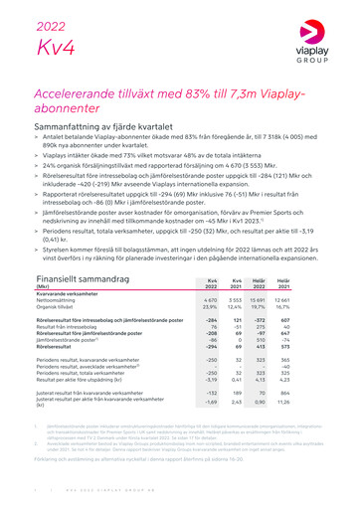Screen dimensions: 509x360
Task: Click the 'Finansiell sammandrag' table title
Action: point(83,253)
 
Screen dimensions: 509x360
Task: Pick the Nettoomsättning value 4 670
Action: point(209,272)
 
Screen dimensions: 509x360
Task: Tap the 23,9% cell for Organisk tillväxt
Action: point(210,279)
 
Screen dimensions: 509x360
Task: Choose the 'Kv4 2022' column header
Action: point(210,256)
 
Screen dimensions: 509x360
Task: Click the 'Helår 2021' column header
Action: point(311,256)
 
